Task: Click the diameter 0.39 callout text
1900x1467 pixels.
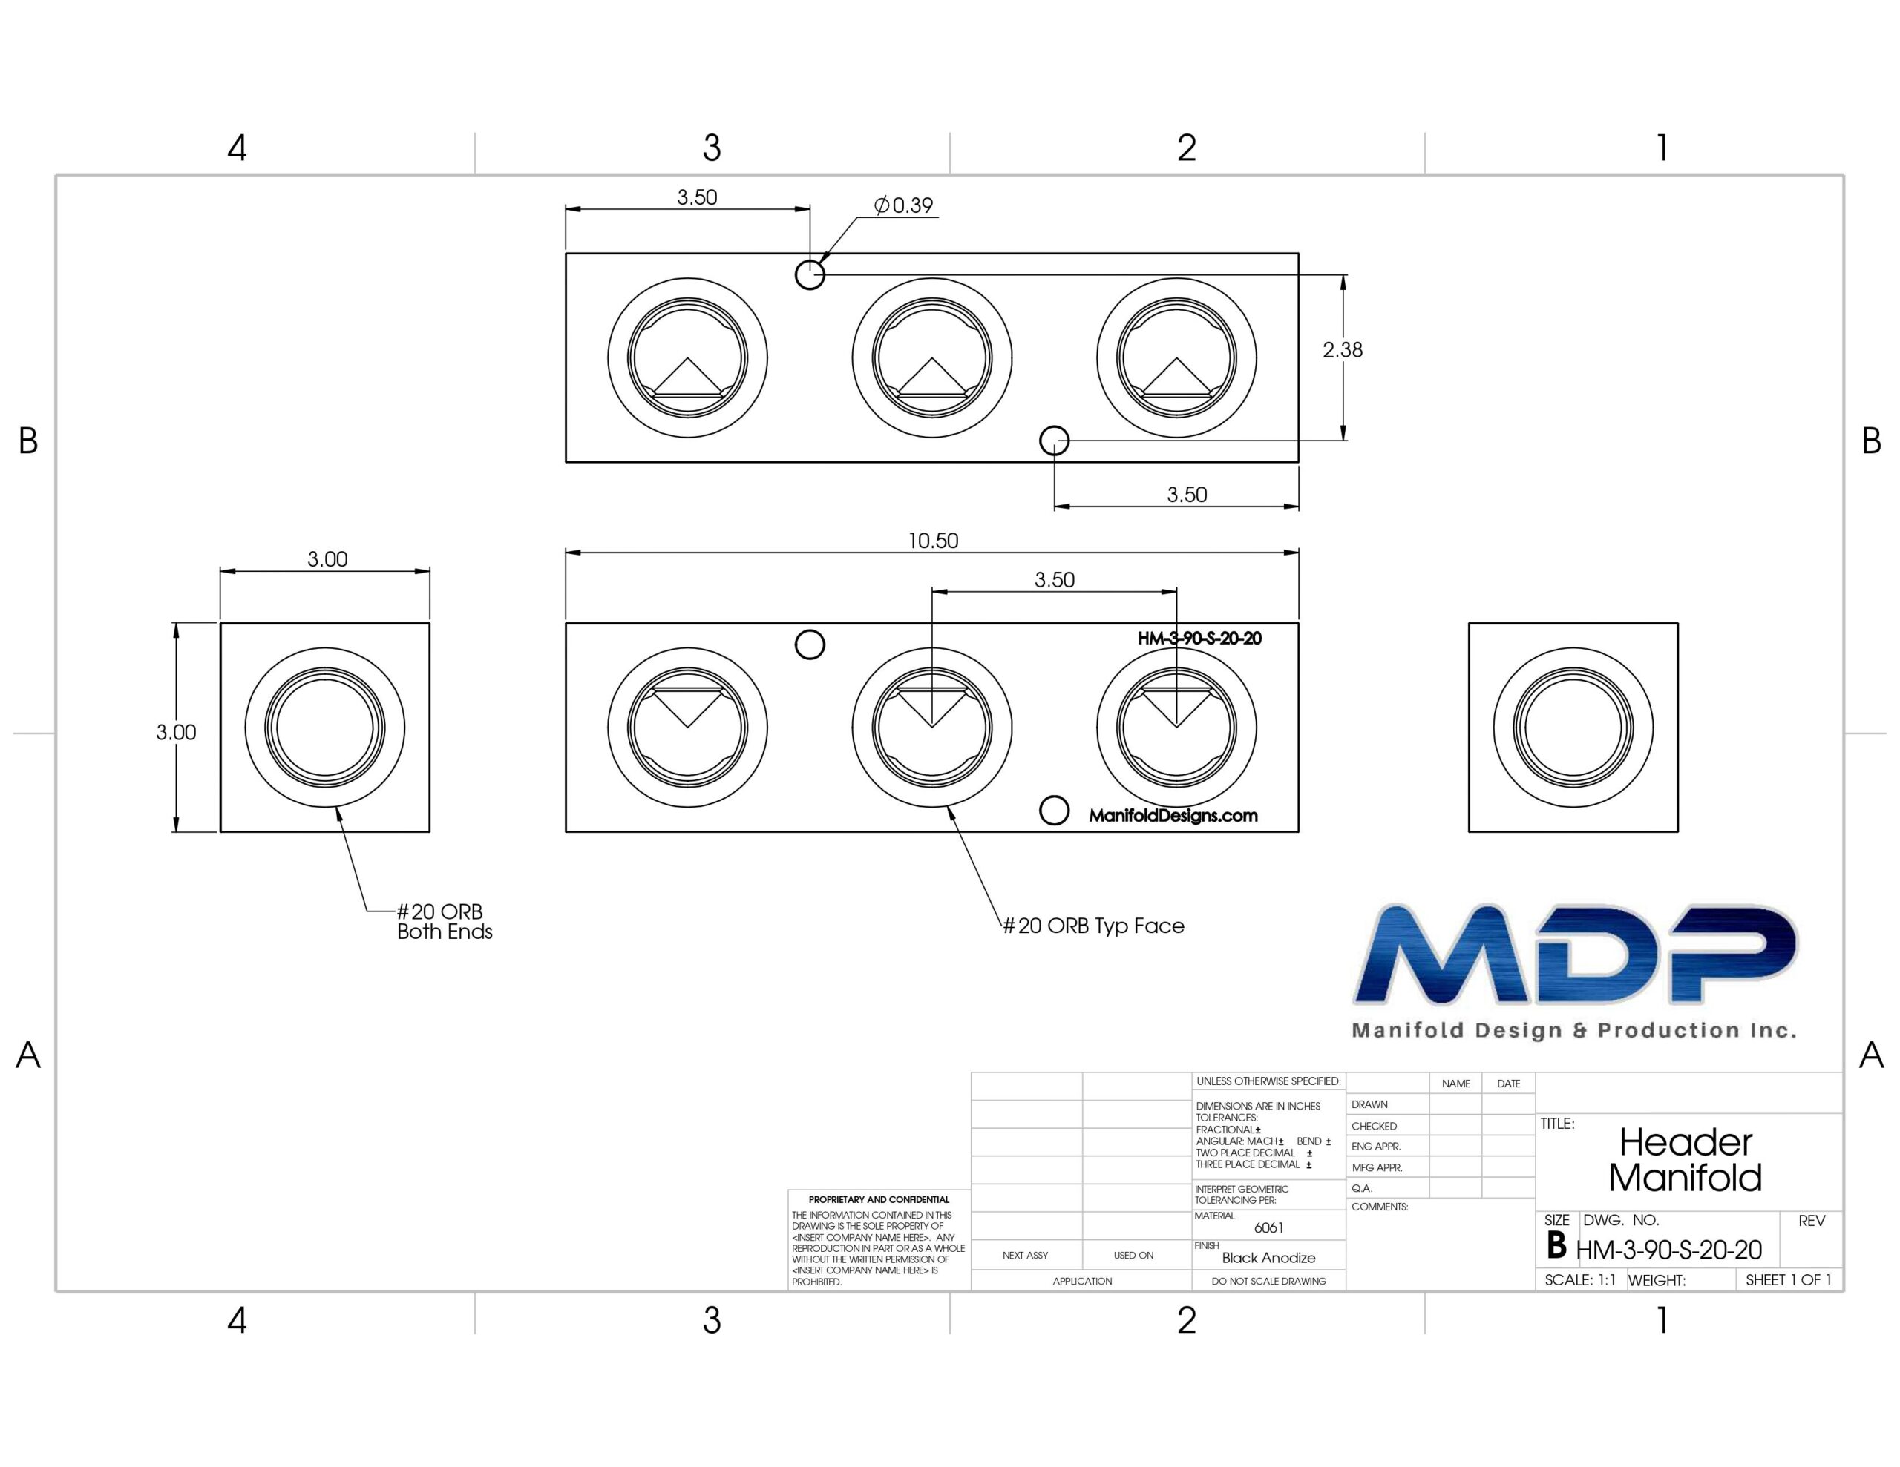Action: [x=903, y=205]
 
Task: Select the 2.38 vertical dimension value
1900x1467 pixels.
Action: [x=1343, y=349]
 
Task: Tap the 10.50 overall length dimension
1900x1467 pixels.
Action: [x=933, y=541]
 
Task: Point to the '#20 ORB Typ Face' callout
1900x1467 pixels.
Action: [x=1093, y=926]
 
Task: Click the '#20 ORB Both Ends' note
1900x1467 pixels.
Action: [x=444, y=922]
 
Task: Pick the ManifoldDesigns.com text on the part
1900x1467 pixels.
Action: [x=1173, y=816]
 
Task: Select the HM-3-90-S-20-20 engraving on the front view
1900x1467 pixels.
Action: [x=1199, y=639]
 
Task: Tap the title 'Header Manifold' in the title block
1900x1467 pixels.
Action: [x=1685, y=1160]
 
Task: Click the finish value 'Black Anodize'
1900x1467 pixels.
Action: [x=1268, y=1257]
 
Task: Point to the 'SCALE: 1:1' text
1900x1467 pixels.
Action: [x=1580, y=1280]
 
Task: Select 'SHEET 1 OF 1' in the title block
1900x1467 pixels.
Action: [x=1789, y=1280]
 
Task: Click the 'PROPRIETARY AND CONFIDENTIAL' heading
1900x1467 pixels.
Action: [x=879, y=1199]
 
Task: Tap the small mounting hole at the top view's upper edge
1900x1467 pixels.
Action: [x=810, y=275]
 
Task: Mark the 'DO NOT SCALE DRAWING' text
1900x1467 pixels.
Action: [x=1268, y=1281]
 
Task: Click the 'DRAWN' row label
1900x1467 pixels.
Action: [x=1369, y=1104]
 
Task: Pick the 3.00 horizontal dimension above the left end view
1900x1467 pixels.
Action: [x=327, y=559]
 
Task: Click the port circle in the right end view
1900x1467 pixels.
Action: [x=1573, y=727]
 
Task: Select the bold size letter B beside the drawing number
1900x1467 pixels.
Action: [x=1556, y=1246]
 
